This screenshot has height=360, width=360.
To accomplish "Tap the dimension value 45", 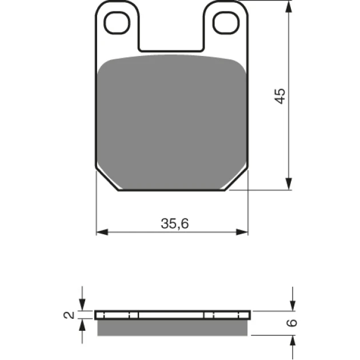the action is (281, 96).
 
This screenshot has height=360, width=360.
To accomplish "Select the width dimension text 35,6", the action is (175, 223).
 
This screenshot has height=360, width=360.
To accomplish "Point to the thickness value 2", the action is (69, 315).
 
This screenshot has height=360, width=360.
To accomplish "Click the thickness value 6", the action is (292, 323).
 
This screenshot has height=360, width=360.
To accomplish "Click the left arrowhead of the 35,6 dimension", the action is (102, 232).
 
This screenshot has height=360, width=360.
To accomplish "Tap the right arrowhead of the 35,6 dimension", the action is (242, 232).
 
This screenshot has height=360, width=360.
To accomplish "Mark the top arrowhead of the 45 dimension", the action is (289, 6).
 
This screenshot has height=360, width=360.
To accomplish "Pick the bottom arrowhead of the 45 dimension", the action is (289, 183).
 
